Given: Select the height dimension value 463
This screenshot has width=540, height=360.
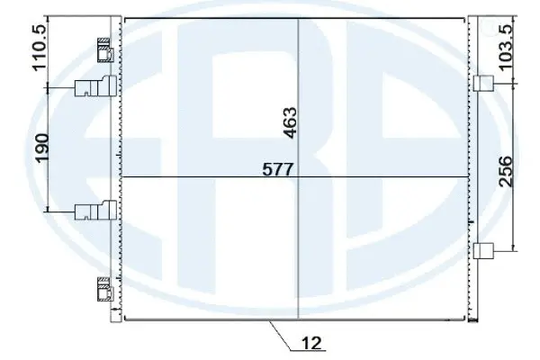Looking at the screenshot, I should pyautogui.click(x=289, y=122).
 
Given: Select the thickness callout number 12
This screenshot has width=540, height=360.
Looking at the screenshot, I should pyautogui.click(x=312, y=343).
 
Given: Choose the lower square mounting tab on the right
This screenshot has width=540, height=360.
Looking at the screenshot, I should pyautogui.click(x=483, y=251).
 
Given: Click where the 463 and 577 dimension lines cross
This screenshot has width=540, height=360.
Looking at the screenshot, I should pyautogui.click(x=298, y=176).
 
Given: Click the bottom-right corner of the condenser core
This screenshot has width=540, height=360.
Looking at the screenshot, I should pyautogui.click(x=469, y=320).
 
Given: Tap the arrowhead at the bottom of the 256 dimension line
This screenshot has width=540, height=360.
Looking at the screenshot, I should pyautogui.click(x=514, y=248).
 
